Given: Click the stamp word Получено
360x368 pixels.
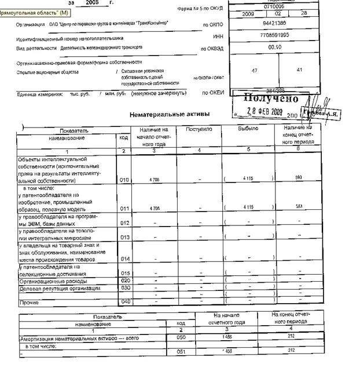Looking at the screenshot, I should pyautogui.click(x=271, y=99).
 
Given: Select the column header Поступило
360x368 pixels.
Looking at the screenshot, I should pyautogui.click(x=199, y=129).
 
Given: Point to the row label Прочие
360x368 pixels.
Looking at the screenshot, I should pyautogui.click(x=29, y=302).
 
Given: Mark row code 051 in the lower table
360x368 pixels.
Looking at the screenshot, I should pyautogui.click(x=181, y=351).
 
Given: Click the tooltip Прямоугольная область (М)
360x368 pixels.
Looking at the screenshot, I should pyautogui.click(x=35, y=12).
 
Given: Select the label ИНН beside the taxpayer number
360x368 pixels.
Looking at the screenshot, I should pyautogui.click(x=218, y=36).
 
